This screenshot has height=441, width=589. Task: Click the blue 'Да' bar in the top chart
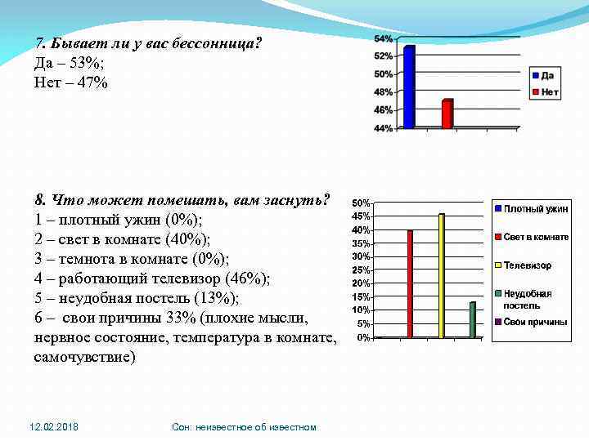tap(409, 87)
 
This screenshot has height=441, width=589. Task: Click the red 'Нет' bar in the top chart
tap(447, 114)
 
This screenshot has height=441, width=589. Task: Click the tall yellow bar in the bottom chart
tap(442, 276)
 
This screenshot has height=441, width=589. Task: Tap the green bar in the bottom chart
tap(472, 319)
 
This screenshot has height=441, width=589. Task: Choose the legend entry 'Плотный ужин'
tap(534, 209)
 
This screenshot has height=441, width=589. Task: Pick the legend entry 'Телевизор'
tap(527, 265)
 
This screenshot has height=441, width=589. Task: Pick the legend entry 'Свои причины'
tap(534, 322)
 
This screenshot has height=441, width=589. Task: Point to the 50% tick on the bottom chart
tap(361, 203)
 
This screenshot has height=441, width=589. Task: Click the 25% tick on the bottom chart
tap(361, 269)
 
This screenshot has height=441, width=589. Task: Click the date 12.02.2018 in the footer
tap(54, 427)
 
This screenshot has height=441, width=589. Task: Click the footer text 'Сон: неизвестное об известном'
tap(244, 427)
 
